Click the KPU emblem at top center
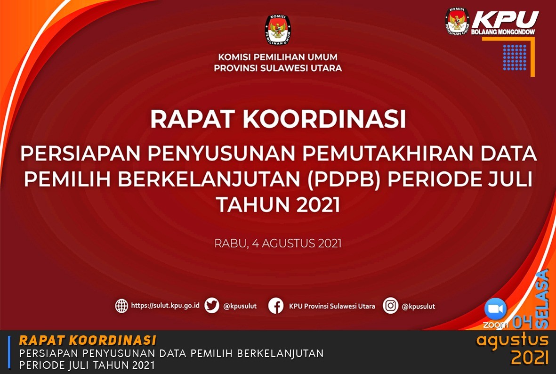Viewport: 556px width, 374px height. point(278,30)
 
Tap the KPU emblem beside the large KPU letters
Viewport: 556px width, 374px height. point(457,21)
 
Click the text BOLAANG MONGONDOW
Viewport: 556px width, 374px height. point(503,32)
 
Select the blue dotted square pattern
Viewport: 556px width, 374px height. point(515,57)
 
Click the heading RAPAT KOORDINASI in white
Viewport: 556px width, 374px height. point(278,119)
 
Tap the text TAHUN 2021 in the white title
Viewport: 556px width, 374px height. point(278,205)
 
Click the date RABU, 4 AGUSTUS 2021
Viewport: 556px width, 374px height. point(278,244)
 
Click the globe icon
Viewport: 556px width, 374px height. point(121,306)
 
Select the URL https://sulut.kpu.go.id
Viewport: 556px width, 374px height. point(165,306)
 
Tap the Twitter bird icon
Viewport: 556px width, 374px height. point(212,306)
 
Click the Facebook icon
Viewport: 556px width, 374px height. point(276,306)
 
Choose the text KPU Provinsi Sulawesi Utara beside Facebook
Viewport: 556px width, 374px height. point(332,306)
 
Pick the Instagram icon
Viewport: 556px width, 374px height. point(390,306)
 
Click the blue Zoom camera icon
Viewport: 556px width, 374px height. point(495,309)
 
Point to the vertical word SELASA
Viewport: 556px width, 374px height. point(542,299)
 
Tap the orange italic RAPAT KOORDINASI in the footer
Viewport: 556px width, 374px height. point(88,340)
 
